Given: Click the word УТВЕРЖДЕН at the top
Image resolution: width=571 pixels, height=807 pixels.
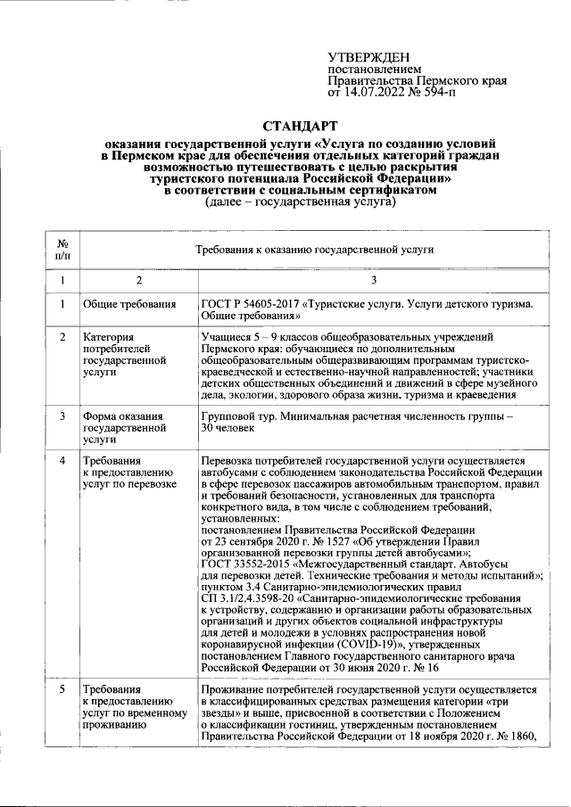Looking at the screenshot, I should (368, 58).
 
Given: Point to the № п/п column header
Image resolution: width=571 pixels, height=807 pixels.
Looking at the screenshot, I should (62, 251).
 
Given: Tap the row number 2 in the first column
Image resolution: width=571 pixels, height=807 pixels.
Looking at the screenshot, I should (62, 338).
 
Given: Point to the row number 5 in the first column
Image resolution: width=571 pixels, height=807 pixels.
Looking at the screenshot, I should (62, 690).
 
